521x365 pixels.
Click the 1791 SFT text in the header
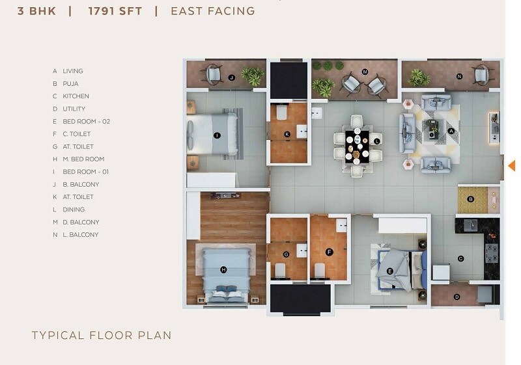pyautogui.click(x=115, y=10)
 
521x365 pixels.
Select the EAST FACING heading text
pyautogui.click(x=212, y=10)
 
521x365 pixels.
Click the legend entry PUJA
pyautogui.click(x=70, y=84)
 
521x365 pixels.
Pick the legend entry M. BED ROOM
pyautogui.click(x=83, y=159)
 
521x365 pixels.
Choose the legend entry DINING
pyautogui.click(x=74, y=210)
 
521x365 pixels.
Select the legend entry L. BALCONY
pyautogui.click(x=81, y=234)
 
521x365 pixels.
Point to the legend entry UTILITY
pyautogui.click(x=74, y=109)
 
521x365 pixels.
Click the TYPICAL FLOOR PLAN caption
pyautogui.click(x=102, y=336)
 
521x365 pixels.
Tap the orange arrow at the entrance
pyautogui.click(x=511, y=165)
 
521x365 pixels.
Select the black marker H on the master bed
pyautogui.click(x=223, y=269)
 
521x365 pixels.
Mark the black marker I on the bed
pyautogui.click(x=217, y=135)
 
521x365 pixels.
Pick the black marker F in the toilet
pyautogui.click(x=330, y=252)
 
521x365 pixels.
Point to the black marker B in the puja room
pyautogui.click(x=470, y=199)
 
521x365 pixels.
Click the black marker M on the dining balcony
pyautogui.click(x=365, y=71)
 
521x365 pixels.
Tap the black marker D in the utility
pyautogui.click(x=457, y=297)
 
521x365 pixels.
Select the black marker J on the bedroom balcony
pyautogui.click(x=232, y=77)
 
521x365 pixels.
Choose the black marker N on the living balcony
pyautogui.click(x=459, y=76)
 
